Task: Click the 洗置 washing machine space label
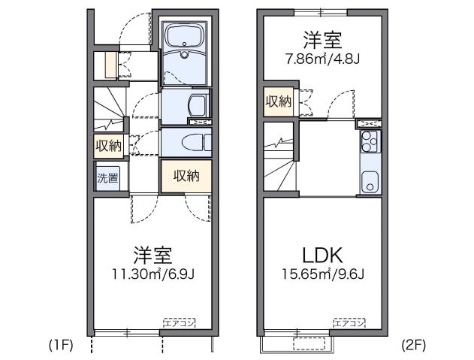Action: click(x=107, y=178)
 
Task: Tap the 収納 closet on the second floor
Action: click(x=276, y=101)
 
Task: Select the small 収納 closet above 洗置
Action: click(x=107, y=145)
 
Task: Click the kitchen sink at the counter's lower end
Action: click(x=370, y=181)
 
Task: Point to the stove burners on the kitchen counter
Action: click(x=370, y=140)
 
